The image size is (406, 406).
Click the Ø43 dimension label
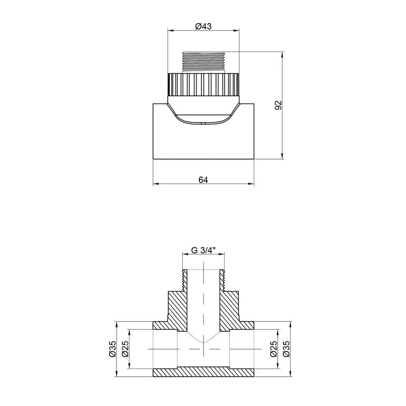coord(203,26)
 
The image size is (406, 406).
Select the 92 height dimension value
coord(278,105)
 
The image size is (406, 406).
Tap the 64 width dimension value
coord(203,180)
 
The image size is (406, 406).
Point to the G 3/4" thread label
coord(203,251)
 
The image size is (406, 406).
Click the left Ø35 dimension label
coord(112,349)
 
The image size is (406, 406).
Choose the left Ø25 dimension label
coord(125,349)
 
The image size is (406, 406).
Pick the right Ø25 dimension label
coord(274,349)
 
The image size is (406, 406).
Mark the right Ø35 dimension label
coord(287,349)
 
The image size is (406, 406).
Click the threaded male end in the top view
coord(203,61)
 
